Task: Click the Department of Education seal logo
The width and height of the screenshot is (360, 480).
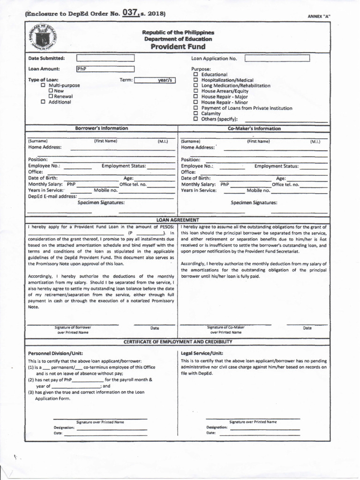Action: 46,39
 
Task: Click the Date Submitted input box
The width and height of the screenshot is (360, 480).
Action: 105,58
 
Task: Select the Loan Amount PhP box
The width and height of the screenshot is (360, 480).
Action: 105,69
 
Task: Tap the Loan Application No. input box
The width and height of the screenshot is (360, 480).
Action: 277,58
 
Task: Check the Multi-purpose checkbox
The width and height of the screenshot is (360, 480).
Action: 43,86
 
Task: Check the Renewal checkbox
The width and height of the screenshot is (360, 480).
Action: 50,97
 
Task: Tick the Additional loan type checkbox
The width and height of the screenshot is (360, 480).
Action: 43,102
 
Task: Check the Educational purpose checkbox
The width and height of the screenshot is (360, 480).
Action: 196,75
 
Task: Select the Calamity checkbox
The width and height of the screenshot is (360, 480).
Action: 196,113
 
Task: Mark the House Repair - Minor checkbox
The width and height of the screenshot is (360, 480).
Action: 196,102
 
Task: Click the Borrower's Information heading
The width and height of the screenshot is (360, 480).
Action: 101,128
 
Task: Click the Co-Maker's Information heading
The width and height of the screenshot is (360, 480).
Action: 254,128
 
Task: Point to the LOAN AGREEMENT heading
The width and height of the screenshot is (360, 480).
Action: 178,220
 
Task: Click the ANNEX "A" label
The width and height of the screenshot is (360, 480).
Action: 319,16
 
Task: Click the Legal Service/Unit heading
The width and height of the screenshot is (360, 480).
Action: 202,353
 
